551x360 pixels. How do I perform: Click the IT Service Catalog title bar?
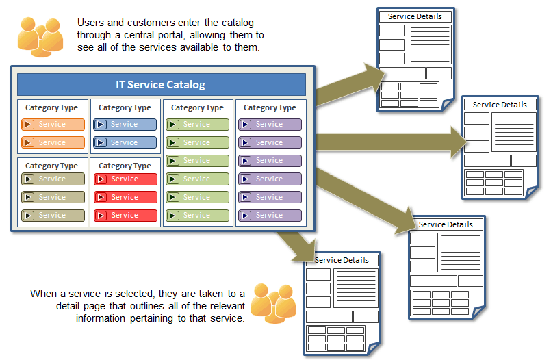click(x=161, y=85)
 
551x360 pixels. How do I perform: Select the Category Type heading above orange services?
click(x=51, y=107)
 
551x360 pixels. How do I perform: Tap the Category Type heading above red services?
click(x=125, y=166)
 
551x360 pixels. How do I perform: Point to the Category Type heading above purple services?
click(x=270, y=107)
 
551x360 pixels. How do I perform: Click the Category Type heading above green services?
click(x=197, y=107)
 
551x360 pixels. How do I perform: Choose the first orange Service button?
click(x=53, y=125)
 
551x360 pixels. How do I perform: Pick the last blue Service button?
click(x=125, y=142)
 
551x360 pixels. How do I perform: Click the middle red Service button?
click(x=125, y=197)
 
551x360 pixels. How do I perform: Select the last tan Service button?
click(x=53, y=215)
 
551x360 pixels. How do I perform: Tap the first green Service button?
click(x=197, y=125)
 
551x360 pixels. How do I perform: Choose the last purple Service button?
click(x=270, y=215)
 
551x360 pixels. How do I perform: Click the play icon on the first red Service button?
click(x=101, y=179)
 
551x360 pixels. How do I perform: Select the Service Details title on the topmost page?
click(x=415, y=16)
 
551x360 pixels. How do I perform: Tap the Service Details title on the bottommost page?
click(x=342, y=260)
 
